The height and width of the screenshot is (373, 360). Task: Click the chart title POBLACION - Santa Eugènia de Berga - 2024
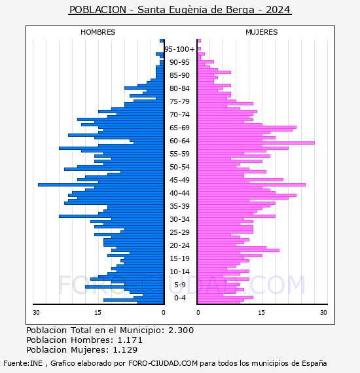pyautogui.click(x=180, y=10)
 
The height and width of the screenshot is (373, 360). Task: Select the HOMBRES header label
pyautogui.click(x=98, y=32)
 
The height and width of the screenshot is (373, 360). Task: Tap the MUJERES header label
pyautogui.click(x=262, y=32)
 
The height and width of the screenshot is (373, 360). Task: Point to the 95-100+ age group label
pyautogui.click(x=179, y=49)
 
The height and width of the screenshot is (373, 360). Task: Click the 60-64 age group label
pyautogui.click(x=179, y=141)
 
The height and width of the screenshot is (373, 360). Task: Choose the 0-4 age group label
pyautogui.click(x=179, y=298)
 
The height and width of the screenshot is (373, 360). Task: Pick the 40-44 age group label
pyautogui.click(x=179, y=193)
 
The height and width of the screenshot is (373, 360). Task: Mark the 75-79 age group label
pyautogui.click(x=179, y=101)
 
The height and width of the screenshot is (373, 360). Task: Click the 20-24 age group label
pyautogui.click(x=179, y=245)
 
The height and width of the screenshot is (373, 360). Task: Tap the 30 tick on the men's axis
pyautogui.click(x=36, y=312)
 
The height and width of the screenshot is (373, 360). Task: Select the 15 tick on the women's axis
pyautogui.click(x=261, y=312)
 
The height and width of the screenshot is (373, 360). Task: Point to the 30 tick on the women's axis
pyautogui.click(x=323, y=312)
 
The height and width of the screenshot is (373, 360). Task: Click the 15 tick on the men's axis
pyautogui.click(x=98, y=312)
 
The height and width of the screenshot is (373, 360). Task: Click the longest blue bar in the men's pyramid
pyautogui.click(x=101, y=185)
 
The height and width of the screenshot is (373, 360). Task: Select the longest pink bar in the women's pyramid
pyautogui.click(x=256, y=143)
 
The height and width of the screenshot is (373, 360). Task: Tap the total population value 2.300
pyautogui.click(x=181, y=330)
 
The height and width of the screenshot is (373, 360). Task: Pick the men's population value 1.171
pyautogui.click(x=130, y=340)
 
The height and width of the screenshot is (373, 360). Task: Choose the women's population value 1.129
pyautogui.click(x=125, y=349)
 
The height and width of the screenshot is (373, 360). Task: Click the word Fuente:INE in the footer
pyautogui.click(x=23, y=363)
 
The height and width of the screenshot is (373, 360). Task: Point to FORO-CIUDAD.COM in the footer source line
pyautogui.click(x=163, y=363)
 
